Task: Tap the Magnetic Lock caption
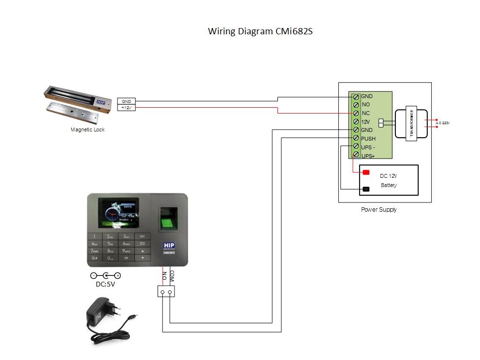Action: pyautogui.click(x=87, y=130)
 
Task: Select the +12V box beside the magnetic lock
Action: pyautogui.click(x=127, y=108)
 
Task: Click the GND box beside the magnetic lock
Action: pyautogui.click(x=127, y=101)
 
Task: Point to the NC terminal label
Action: pyautogui.click(x=365, y=113)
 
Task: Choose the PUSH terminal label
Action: pyautogui.click(x=368, y=139)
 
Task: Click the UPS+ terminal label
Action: pyautogui.click(x=368, y=156)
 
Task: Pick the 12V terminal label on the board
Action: pyautogui.click(x=365, y=122)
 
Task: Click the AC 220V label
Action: pyautogui.click(x=442, y=123)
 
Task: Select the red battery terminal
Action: pyautogui.click(x=366, y=173)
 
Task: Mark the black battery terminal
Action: pyautogui.click(x=366, y=189)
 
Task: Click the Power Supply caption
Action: pyautogui.click(x=378, y=210)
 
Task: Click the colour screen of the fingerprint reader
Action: pyautogui.click(x=118, y=213)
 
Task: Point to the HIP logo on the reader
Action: pyautogui.click(x=168, y=245)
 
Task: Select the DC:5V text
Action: pyautogui.click(x=105, y=284)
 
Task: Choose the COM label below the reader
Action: pyautogui.click(x=172, y=276)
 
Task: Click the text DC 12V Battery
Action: pyautogui.click(x=388, y=180)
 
